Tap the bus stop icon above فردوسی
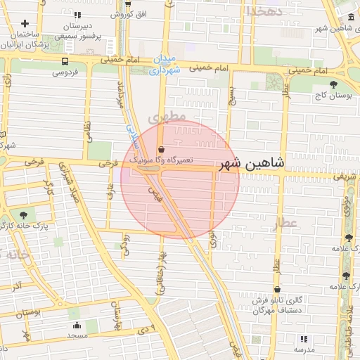(65, 62)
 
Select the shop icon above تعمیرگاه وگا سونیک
(162, 150)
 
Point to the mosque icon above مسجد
(77, 325)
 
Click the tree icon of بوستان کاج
(333, 84)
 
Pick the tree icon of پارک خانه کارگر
(25, 214)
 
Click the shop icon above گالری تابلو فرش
(278, 289)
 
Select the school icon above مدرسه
(304, 338)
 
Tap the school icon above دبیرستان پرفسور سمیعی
(77, 14)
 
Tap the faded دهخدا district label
(263, 11)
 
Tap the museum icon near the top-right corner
(349, 17)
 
